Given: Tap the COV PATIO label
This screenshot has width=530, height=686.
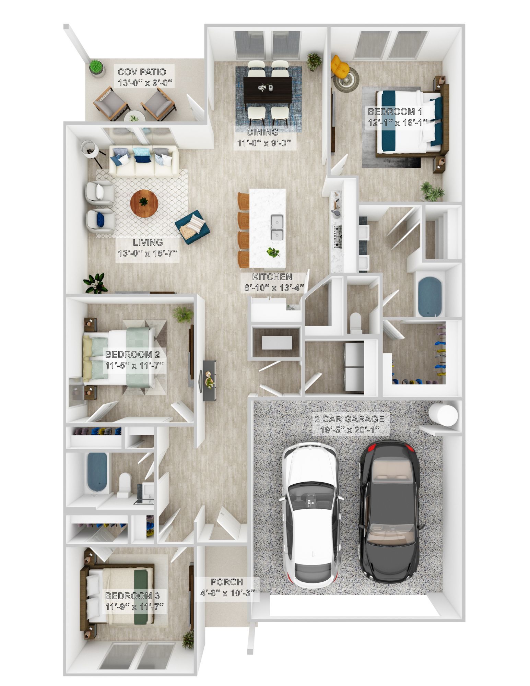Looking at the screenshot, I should [142, 72].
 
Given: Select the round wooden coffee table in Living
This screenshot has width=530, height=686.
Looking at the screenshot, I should [144, 203].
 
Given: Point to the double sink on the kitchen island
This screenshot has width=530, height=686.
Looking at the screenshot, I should [277, 227].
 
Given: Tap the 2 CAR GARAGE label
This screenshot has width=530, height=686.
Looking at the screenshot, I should [350, 419].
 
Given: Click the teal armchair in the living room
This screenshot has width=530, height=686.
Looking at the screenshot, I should [192, 227].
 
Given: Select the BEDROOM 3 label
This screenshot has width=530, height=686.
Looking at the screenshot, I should [132, 596].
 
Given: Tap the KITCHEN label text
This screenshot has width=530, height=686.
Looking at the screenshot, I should [272, 277].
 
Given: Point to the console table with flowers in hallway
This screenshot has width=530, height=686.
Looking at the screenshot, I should [209, 380].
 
